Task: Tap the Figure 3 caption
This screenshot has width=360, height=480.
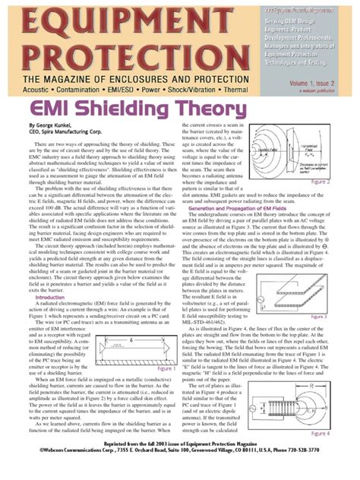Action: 339,317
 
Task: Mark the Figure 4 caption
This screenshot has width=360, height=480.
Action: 339,433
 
